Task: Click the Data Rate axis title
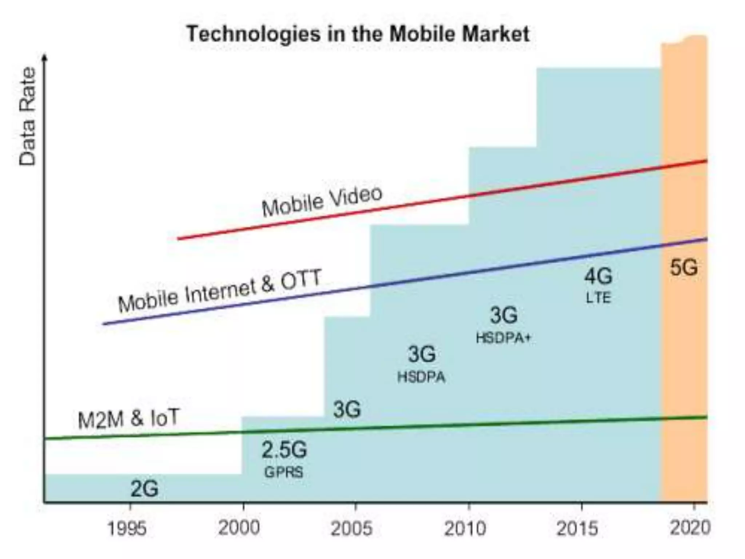pyautogui.click(x=28, y=116)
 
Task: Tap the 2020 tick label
pyautogui.click(x=690, y=528)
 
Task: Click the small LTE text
pyautogui.click(x=598, y=298)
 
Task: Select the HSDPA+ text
pyautogui.click(x=504, y=338)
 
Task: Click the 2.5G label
pyautogui.click(x=284, y=450)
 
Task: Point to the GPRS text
pyautogui.click(x=284, y=472)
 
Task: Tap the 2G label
pyautogui.click(x=144, y=489)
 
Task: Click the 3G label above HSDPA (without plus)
pyautogui.click(x=422, y=354)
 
